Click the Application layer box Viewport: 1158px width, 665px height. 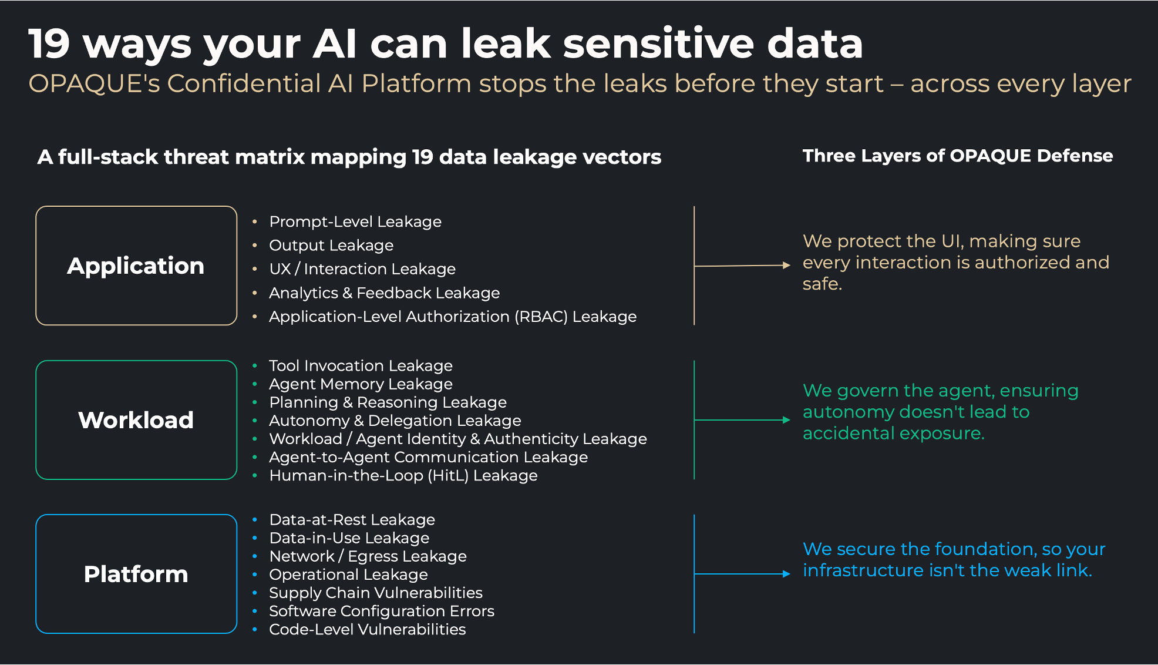[x=136, y=266]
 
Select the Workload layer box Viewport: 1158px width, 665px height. [x=136, y=420]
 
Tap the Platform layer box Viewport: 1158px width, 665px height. [x=136, y=574]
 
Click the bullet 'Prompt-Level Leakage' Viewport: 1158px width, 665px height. [x=355, y=221]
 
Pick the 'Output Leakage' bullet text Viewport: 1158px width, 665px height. [x=331, y=245]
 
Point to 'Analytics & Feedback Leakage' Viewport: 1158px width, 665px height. [x=384, y=293]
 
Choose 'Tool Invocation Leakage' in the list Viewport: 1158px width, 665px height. [x=361, y=365]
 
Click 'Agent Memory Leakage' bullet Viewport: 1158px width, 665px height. [x=361, y=384]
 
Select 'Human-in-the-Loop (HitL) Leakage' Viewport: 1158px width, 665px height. [x=403, y=475]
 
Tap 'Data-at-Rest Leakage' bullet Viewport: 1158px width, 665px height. [x=352, y=519]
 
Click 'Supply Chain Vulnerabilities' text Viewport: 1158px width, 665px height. [x=376, y=593]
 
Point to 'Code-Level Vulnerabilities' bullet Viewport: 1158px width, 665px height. [x=367, y=629]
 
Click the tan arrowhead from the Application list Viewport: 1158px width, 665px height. [x=786, y=265]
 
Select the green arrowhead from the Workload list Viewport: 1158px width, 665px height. [x=786, y=420]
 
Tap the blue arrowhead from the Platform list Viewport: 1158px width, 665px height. [x=786, y=574]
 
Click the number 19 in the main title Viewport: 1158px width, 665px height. [x=49, y=44]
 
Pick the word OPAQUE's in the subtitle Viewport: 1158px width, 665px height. [x=94, y=83]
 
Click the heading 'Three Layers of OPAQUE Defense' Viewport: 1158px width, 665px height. [x=957, y=156]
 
